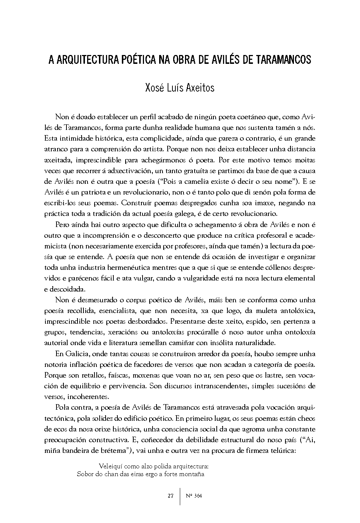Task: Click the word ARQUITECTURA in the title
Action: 87,60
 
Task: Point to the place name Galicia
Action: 77,354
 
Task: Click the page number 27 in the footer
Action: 170,496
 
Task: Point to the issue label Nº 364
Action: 194,496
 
